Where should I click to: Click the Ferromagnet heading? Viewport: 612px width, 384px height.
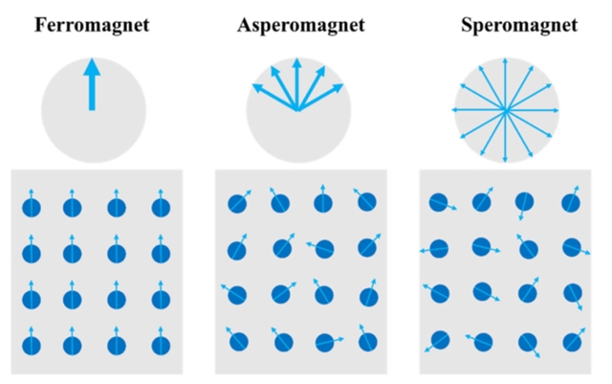(x=92, y=26)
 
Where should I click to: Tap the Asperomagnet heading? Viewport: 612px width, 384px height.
(x=301, y=26)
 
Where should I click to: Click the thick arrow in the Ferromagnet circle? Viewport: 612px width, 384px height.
(x=92, y=84)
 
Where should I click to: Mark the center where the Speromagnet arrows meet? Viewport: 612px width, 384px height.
(x=506, y=111)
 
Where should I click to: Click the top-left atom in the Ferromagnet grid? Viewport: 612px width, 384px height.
(x=32, y=207)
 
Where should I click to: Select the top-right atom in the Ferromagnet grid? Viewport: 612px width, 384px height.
(x=158, y=207)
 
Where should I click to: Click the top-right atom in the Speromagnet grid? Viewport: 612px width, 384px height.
(x=571, y=203)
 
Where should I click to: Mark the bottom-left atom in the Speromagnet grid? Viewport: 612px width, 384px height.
(x=440, y=339)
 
